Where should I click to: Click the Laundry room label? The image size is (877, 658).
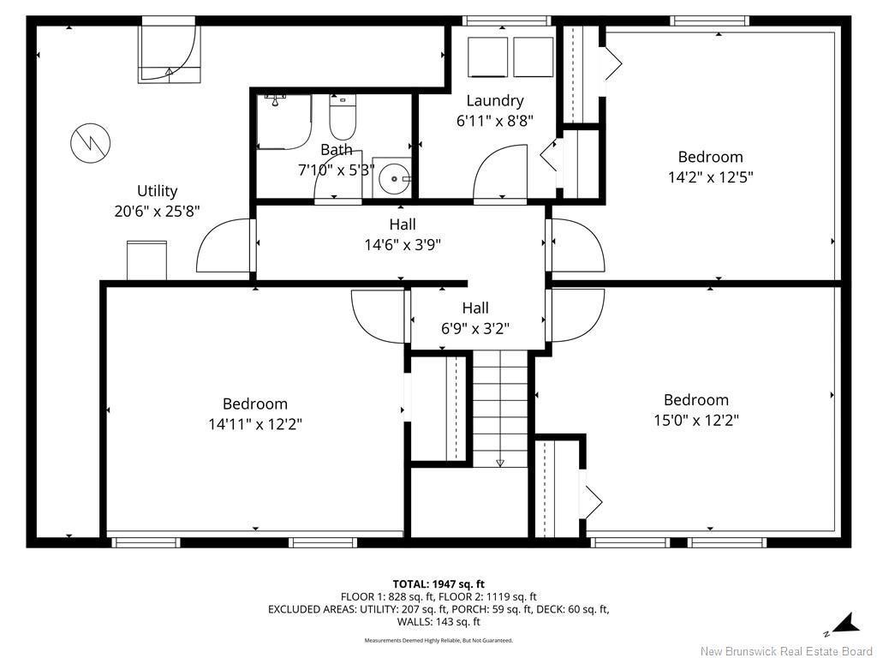pyautogui.click(x=494, y=100)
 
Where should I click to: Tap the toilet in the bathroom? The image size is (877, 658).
pyautogui.click(x=342, y=119)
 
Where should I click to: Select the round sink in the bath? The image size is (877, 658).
pyautogui.click(x=395, y=178)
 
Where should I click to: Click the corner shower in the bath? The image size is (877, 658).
pyautogui.click(x=283, y=122)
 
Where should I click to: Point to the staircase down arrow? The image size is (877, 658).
pyautogui.click(x=500, y=462)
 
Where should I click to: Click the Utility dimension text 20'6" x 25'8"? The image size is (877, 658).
pyautogui.click(x=157, y=211)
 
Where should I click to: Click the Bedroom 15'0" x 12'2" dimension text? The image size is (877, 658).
pyautogui.click(x=695, y=420)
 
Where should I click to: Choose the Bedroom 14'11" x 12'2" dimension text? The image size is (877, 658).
pyautogui.click(x=254, y=423)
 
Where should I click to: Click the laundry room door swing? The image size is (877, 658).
pyautogui.click(x=500, y=174)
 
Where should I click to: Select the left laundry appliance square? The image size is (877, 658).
pyautogui.click(x=486, y=57)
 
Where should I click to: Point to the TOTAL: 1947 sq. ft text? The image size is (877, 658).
pyautogui.click(x=438, y=584)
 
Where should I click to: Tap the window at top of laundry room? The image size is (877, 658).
pyautogui.click(x=505, y=21)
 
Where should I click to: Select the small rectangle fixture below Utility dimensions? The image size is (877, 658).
pyautogui.click(x=146, y=260)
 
